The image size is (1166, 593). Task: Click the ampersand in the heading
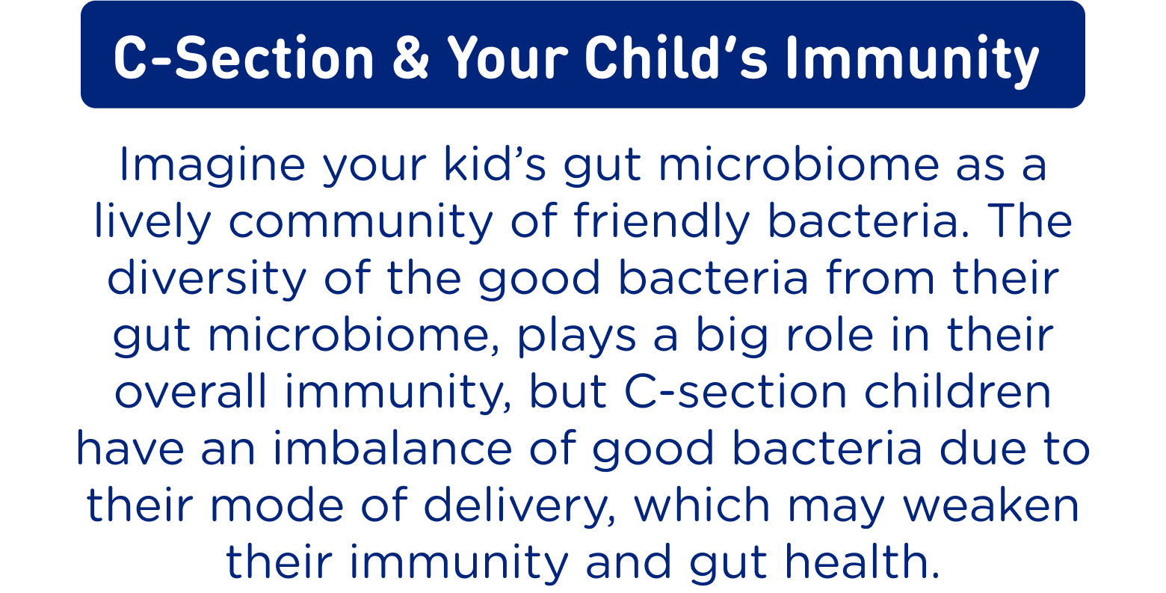click(x=410, y=58)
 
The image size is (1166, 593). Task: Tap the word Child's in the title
click(x=676, y=58)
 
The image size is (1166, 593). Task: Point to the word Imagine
click(x=212, y=165)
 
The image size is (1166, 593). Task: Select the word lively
click(x=152, y=222)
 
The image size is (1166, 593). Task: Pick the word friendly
click(x=661, y=222)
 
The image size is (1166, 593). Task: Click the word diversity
click(x=206, y=279)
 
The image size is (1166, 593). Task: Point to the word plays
click(x=577, y=337)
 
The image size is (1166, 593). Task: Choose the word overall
click(x=191, y=391)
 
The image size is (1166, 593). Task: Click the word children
click(x=957, y=391)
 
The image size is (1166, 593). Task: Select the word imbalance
click(x=393, y=448)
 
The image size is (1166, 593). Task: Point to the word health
click(x=863, y=562)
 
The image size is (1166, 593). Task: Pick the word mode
click(x=277, y=505)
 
